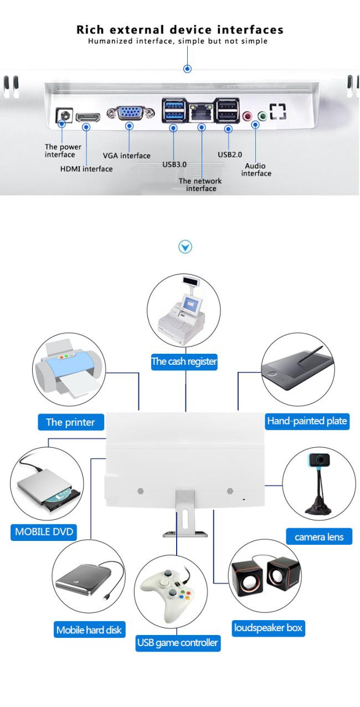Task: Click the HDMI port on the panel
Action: coord(88,117)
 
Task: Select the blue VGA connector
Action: coord(130,113)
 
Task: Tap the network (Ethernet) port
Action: coord(201,112)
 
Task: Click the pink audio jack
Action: coord(247,116)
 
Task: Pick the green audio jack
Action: coord(262,116)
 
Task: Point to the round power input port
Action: coord(64,115)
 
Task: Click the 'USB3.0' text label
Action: coord(174,164)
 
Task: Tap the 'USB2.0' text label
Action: coord(230,154)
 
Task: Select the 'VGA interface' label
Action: coord(127,156)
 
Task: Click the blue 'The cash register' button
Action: coord(184,362)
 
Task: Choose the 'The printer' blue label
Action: coord(71,422)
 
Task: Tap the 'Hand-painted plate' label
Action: coord(307,421)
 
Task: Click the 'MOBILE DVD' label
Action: coord(44,531)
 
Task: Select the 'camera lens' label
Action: coord(319,536)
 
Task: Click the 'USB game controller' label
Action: coord(177,642)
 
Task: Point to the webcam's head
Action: coord(319,460)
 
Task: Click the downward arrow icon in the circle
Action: coord(185,246)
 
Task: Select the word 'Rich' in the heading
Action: coord(90,30)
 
